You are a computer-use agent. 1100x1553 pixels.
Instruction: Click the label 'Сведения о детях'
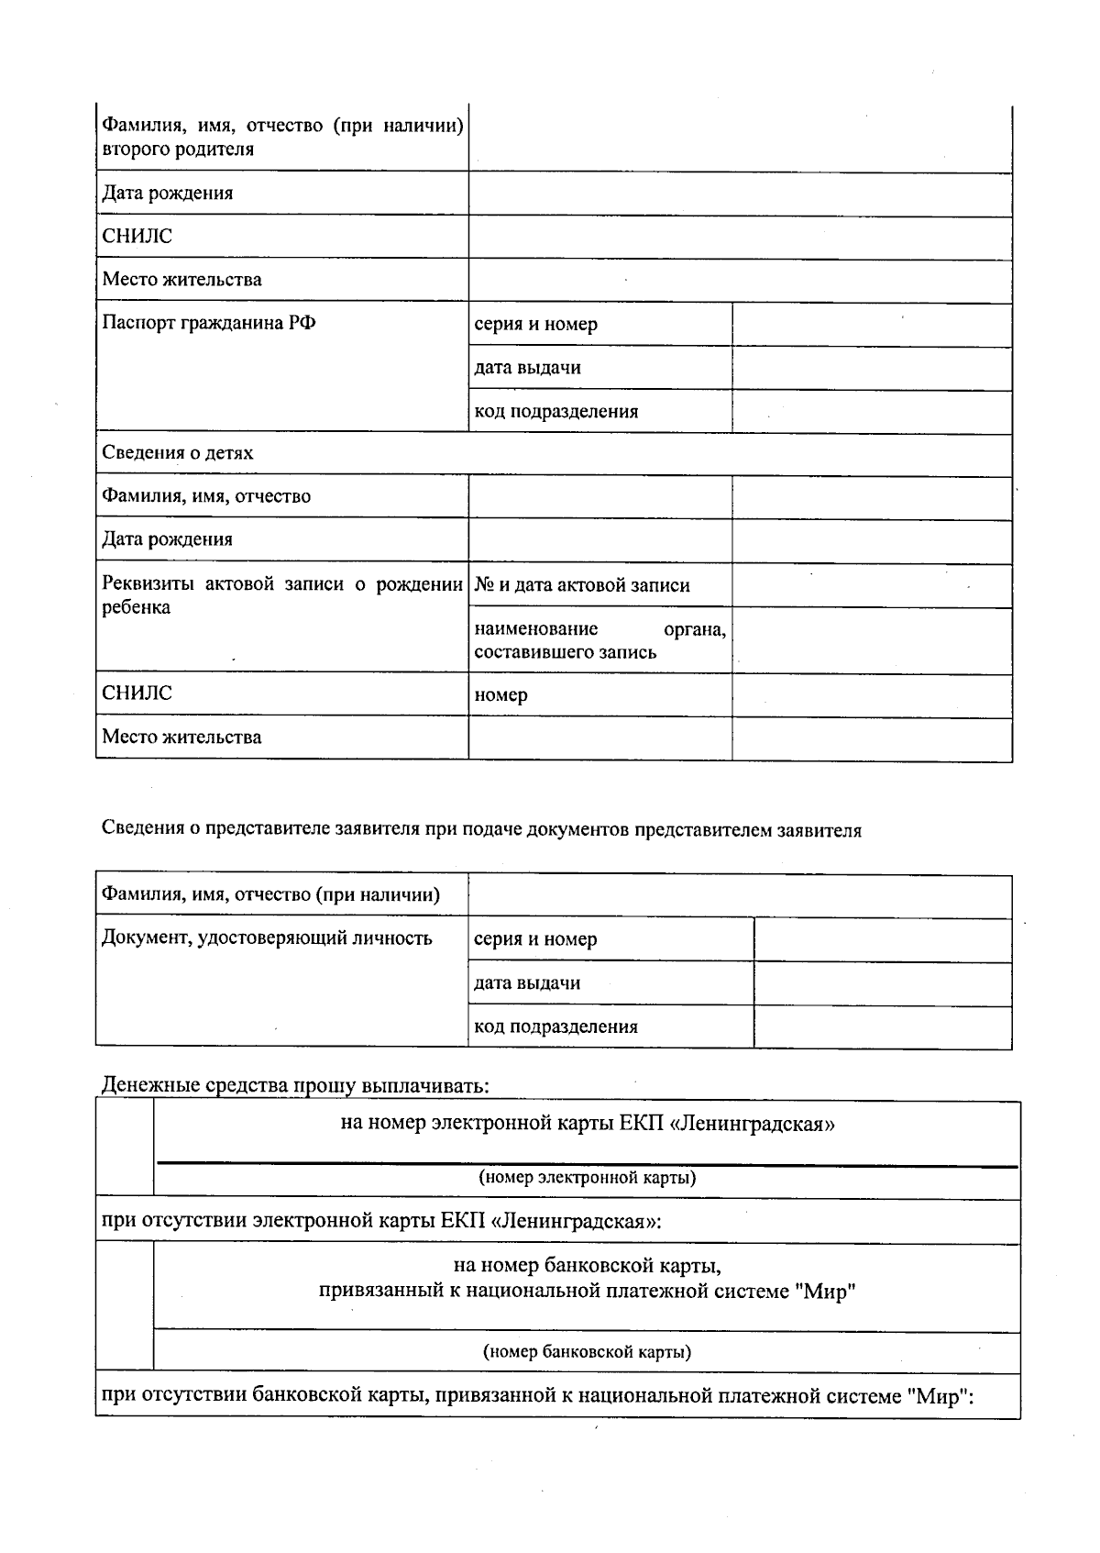click(x=178, y=452)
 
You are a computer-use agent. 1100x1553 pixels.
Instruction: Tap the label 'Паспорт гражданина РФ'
click(x=209, y=323)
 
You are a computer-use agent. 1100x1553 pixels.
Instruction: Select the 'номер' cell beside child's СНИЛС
click(x=501, y=694)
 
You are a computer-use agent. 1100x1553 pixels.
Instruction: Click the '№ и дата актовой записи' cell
click(x=582, y=585)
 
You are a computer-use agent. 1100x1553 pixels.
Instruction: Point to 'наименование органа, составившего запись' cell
click(x=599, y=640)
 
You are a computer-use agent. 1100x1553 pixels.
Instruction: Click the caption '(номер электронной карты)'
click(x=587, y=1177)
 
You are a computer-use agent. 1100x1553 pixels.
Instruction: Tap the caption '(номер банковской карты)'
click(x=587, y=1351)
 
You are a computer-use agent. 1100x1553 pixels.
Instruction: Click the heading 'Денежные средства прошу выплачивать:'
click(x=295, y=1085)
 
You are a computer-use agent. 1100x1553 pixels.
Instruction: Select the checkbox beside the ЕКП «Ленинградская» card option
click(x=125, y=1148)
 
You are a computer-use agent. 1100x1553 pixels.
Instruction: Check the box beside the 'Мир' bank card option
click(x=125, y=1306)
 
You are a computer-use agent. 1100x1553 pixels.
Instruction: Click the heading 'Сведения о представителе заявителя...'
click(x=481, y=830)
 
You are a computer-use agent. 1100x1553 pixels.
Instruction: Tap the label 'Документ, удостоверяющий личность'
click(x=267, y=937)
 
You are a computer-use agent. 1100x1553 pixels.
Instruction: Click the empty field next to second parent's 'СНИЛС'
click(x=740, y=238)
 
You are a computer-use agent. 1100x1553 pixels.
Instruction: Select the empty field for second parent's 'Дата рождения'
click(x=740, y=194)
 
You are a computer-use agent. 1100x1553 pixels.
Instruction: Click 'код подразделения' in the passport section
click(x=555, y=411)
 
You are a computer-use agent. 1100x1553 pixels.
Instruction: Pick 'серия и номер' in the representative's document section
click(x=535, y=939)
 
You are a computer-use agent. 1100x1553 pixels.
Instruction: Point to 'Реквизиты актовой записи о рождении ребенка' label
click(x=281, y=595)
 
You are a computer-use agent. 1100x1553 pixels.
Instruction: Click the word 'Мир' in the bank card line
click(x=828, y=1292)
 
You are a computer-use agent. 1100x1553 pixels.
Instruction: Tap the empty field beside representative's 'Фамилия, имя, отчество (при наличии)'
click(x=740, y=895)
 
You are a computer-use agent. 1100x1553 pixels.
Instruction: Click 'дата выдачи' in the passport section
click(x=527, y=368)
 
